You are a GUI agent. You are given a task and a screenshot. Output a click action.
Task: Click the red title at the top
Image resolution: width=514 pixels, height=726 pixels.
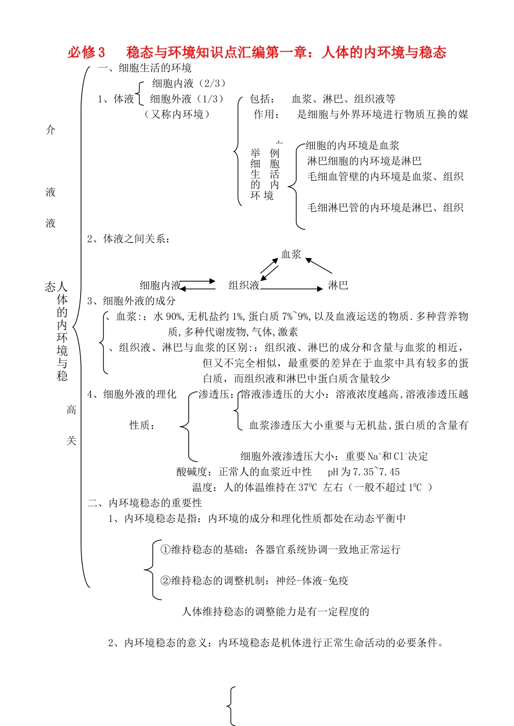pyautogui.click(x=257, y=52)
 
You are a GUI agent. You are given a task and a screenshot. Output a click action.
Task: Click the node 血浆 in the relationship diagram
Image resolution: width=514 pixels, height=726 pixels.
pyautogui.click(x=291, y=254)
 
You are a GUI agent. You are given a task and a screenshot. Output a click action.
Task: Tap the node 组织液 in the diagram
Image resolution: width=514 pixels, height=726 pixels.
pyautogui.click(x=244, y=285)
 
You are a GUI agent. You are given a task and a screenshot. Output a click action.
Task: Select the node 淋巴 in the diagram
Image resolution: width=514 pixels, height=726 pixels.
pyautogui.click(x=338, y=285)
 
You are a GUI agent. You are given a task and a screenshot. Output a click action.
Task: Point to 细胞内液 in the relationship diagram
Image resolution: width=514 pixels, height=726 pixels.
pyautogui.click(x=160, y=285)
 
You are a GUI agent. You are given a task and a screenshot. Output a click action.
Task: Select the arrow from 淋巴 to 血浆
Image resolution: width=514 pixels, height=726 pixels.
pyautogui.click(x=319, y=266)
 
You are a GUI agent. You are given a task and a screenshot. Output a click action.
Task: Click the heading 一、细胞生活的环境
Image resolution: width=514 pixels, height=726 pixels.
pyautogui.click(x=144, y=68)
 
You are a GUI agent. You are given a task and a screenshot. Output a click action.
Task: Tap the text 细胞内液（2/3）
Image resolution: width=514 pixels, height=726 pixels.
pyautogui.click(x=188, y=83)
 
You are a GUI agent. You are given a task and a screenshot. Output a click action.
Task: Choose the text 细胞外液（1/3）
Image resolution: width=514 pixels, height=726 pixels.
pyautogui.click(x=187, y=99)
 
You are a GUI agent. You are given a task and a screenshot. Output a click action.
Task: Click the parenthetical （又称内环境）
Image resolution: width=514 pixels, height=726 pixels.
pyautogui.click(x=176, y=114)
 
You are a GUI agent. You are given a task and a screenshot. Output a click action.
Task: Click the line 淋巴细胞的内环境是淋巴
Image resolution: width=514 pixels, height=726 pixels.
pyautogui.click(x=364, y=161)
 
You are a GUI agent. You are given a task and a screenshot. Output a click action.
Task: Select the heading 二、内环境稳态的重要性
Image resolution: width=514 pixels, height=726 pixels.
pyautogui.click(x=144, y=503)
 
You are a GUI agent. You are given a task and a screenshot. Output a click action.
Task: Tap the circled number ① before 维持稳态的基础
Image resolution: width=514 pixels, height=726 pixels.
pyautogui.click(x=166, y=550)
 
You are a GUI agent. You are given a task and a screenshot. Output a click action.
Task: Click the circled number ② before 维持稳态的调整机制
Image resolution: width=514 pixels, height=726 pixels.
pyautogui.click(x=166, y=581)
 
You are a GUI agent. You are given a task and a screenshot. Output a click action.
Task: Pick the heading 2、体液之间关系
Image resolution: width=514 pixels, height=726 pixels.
pyautogui.click(x=129, y=239)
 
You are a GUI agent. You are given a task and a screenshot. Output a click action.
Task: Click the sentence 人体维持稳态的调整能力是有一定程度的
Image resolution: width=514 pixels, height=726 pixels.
pyautogui.click(x=275, y=612)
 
